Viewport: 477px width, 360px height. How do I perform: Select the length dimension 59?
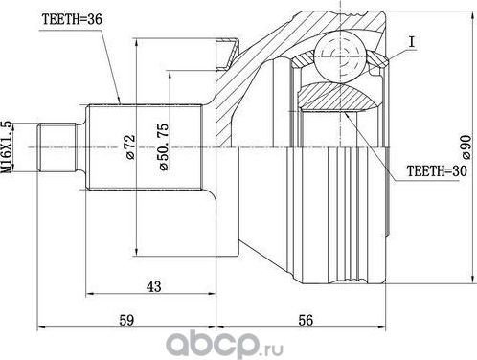[125, 320]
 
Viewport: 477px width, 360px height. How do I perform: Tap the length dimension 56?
[306, 320]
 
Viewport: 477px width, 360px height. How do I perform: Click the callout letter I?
[410, 43]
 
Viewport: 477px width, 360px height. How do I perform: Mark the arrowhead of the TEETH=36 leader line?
[118, 100]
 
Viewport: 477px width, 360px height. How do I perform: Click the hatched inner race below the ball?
[336, 97]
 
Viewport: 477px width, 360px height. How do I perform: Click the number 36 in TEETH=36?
[93, 18]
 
